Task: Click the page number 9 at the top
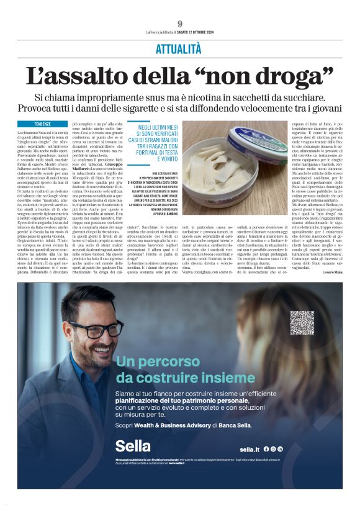click(x=180, y=24)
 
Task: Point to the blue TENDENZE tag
click(x=43, y=124)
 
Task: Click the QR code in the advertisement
click(x=302, y=323)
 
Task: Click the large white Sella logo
click(x=133, y=446)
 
